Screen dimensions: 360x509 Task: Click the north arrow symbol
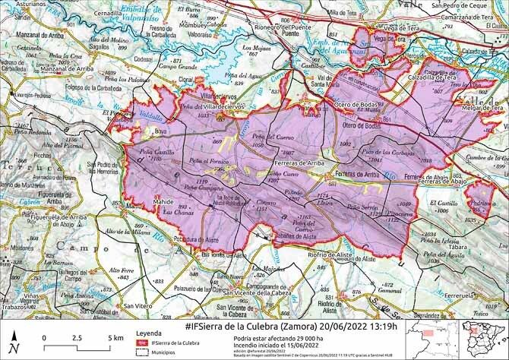click(13, 339)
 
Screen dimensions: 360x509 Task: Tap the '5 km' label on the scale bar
click(115, 337)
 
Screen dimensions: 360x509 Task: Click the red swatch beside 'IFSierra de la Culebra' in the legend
click(141, 343)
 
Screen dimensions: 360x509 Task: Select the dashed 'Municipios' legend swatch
click(141, 353)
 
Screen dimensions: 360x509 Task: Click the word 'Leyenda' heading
click(148, 333)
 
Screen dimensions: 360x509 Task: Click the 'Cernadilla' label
click(110, 14)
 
